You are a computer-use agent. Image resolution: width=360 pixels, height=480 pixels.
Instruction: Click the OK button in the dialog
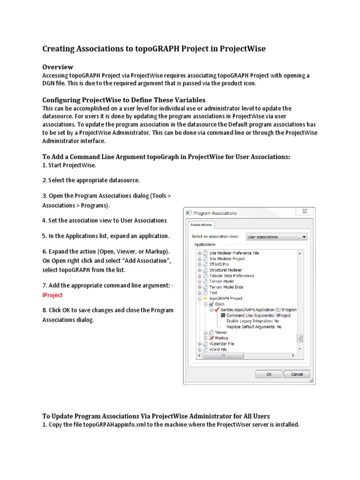click(x=269, y=374)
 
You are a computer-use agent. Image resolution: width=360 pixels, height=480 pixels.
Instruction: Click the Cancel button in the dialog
click(x=297, y=374)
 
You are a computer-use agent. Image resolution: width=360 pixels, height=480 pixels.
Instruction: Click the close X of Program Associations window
click(x=304, y=212)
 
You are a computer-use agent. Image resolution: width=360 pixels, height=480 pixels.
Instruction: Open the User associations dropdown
click(x=276, y=237)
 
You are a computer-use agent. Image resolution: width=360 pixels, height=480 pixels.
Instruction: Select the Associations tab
click(x=201, y=225)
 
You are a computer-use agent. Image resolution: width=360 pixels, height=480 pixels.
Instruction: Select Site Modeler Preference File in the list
click(x=234, y=253)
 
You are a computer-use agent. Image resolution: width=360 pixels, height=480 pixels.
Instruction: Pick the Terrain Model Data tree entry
click(x=226, y=287)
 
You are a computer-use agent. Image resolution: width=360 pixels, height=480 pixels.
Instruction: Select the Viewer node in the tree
click(x=221, y=332)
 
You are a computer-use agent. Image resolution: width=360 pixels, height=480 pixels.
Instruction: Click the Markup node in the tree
click(x=221, y=338)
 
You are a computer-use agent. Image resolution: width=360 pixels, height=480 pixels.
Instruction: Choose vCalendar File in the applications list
click(x=222, y=344)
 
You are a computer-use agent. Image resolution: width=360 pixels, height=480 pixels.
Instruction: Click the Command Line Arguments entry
click(x=258, y=315)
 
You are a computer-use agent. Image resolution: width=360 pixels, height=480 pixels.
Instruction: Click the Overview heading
click(x=58, y=67)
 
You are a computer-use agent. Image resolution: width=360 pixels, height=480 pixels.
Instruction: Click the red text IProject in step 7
click(x=52, y=295)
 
